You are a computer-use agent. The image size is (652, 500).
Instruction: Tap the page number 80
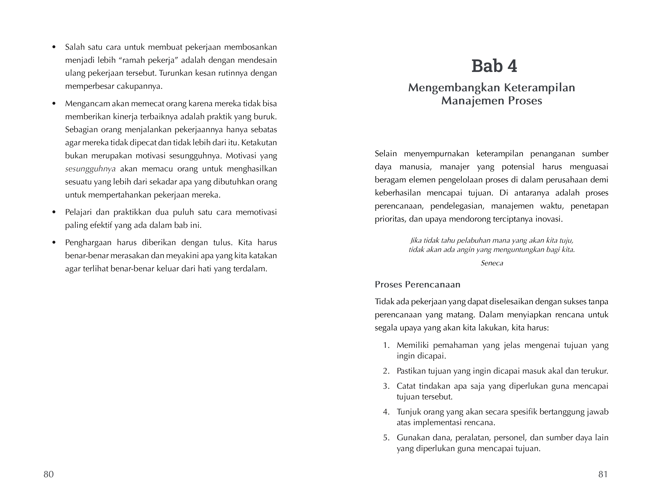(x=49, y=474)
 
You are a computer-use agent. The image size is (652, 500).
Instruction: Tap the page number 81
(x=603, y=474)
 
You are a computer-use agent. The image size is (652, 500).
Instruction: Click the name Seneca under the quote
(x=492, y=263)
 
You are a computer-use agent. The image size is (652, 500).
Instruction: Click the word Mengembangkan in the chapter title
(x=453, y=88)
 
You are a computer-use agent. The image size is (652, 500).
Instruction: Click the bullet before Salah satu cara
(x=54, y=47)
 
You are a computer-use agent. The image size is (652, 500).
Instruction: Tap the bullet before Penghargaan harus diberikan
(x=54, y=243)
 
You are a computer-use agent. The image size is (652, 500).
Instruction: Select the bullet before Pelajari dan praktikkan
(x=54, y=213)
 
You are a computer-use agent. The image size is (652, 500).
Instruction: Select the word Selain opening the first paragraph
(x=386, y=154)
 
